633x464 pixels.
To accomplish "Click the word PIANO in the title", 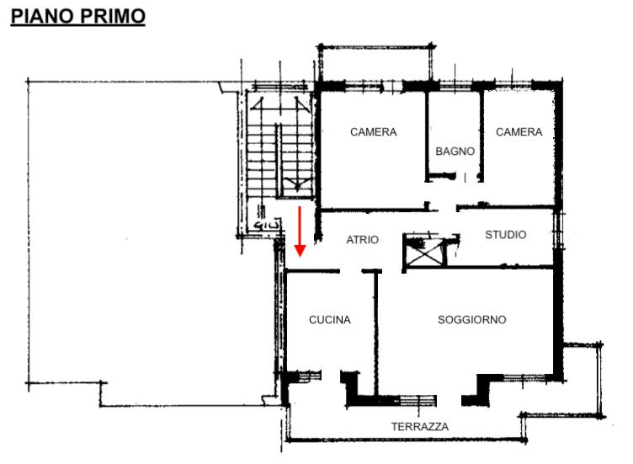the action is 42,16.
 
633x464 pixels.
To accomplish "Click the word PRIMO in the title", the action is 113,16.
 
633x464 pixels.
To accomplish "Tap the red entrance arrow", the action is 300,232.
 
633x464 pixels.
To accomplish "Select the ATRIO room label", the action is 362,240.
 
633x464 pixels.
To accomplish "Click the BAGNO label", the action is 455,152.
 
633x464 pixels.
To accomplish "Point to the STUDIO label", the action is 505,235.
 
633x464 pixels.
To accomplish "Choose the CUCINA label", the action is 329,320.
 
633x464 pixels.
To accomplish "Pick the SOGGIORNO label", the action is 472,320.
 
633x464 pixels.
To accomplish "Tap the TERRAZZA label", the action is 420,426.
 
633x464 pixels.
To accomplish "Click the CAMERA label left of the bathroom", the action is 374,132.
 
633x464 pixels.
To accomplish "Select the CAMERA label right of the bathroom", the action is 519,132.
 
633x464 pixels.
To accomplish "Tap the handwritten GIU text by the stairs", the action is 267,225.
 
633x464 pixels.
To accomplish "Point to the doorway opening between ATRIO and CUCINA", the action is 350,271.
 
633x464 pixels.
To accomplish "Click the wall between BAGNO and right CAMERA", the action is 481,136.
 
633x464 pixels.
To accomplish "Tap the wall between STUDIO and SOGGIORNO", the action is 479,267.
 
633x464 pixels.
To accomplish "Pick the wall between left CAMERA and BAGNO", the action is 426,136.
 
